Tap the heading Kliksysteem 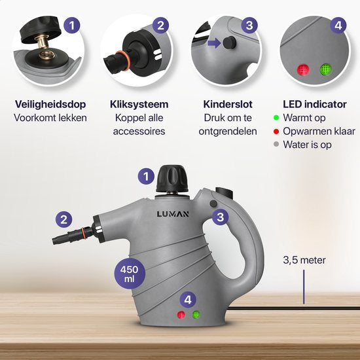tap(139, 104)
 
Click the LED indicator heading tap(313, 104)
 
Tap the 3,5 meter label tap(304, 260)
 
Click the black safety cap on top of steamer tap(171, 178)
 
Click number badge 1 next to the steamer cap tap(147, 175)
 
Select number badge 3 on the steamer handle tap(222, 217)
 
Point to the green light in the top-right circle tap(325, 69)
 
